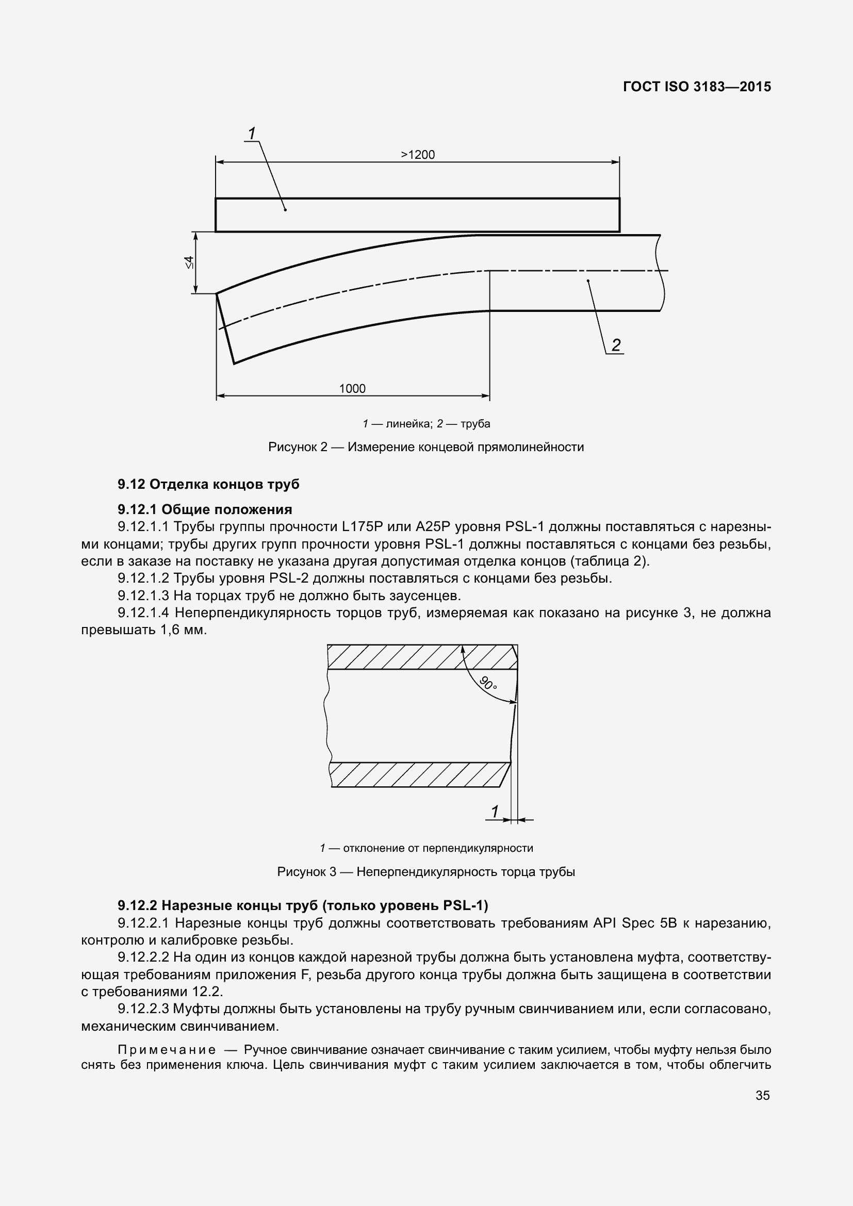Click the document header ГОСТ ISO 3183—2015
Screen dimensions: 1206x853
[697, 87]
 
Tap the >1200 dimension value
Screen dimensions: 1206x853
[418, 155]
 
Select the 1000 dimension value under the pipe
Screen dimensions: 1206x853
[352, 388]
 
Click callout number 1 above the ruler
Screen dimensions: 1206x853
[252, 134]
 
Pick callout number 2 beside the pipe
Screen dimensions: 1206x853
[616, 344]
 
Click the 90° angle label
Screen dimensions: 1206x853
[488, 683]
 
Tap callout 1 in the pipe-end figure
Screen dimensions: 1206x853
[494, 812]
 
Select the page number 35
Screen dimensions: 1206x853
[763, 1095]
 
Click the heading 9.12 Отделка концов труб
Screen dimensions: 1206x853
[208, 484]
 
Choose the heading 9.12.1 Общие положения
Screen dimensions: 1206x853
[205, 509]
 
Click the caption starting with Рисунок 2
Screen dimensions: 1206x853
[426, 447]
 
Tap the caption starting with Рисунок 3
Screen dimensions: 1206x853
[426, 872]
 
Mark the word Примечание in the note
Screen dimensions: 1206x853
[167, 1049]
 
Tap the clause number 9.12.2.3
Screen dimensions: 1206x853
[143, 1009]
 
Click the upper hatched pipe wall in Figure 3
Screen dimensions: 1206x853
[420, 656]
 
